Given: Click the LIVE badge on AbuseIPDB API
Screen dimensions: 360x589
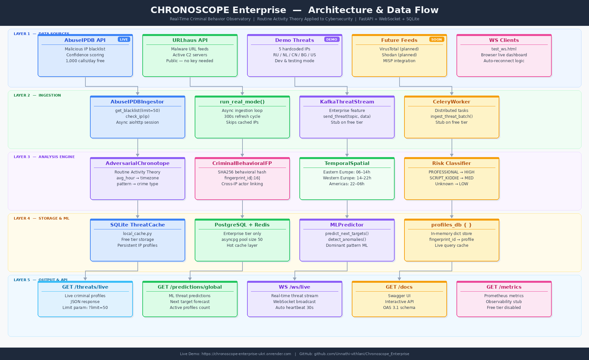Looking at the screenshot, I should point(124,40).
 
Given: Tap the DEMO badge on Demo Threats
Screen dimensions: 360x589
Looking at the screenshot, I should point(331,40).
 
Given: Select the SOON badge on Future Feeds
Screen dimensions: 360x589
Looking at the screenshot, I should point(437,40).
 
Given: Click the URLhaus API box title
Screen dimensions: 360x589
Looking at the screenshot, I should point(190,40).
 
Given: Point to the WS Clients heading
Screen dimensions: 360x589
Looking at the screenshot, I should point(504,40).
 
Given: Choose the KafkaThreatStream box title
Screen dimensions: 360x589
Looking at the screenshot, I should point(347,102).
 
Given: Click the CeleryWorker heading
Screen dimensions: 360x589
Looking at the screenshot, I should point(452,102).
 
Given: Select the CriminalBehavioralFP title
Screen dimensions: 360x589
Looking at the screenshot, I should point(242,163).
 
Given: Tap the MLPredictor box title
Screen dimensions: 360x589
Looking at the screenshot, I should point(347,225).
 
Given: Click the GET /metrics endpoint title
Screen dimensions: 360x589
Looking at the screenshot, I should point(504,287).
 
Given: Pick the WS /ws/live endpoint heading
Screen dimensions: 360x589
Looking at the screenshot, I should point(294,287).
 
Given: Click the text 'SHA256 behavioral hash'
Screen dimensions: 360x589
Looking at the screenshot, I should point(242,172).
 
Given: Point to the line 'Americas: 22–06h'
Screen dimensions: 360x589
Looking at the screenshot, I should point(347,184).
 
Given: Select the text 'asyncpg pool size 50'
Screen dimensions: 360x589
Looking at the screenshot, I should point(242,240).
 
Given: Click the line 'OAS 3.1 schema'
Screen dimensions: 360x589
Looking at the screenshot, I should point(399,308).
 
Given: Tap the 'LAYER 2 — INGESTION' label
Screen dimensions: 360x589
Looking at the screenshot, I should point(37,96).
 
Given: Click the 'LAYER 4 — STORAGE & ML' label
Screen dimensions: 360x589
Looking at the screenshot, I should point(42,219).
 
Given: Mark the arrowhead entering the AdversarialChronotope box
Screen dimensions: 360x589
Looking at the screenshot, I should point(138,155).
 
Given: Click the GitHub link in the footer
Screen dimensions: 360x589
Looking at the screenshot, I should point(354,354).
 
